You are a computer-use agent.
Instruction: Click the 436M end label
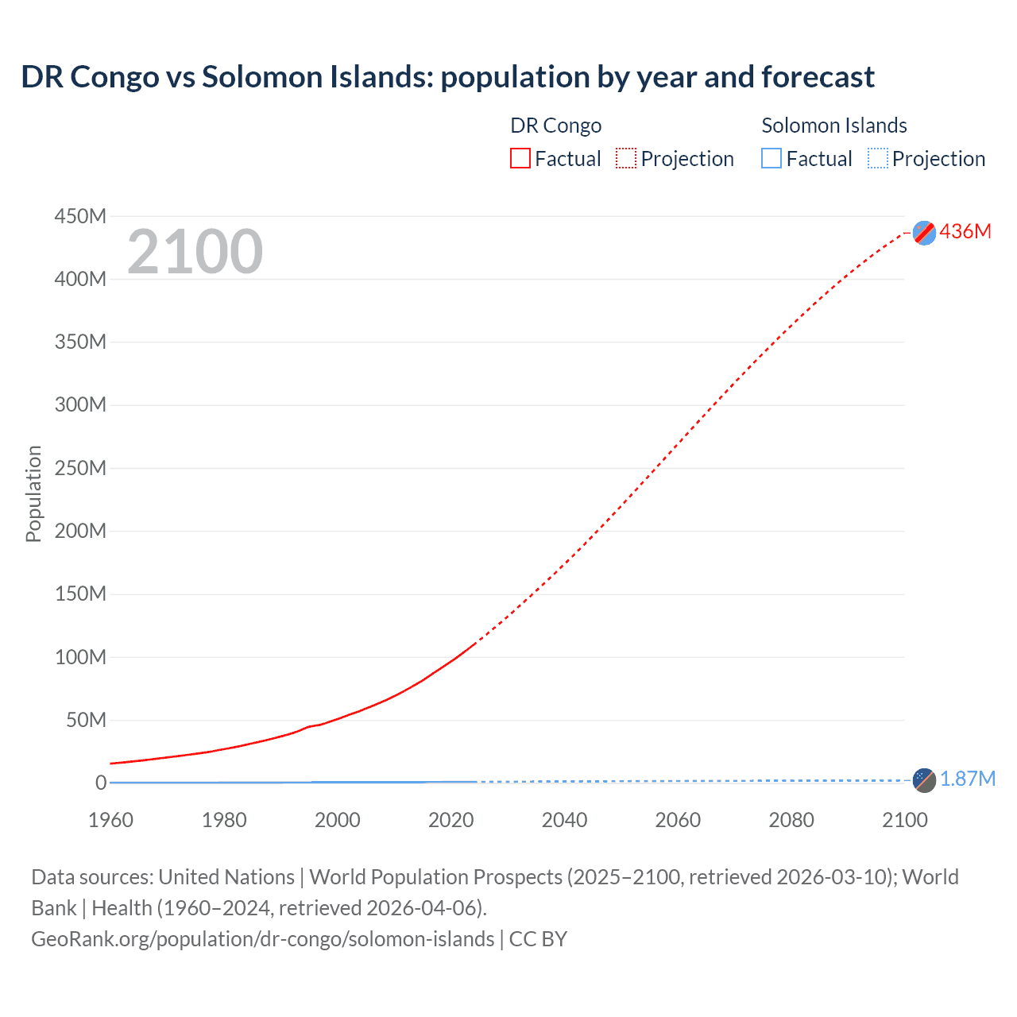(965, 231)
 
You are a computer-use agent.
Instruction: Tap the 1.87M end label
(967, 779)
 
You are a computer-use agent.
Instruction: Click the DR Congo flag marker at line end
(924, 233)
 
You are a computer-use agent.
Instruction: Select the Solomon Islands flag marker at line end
(924, 780)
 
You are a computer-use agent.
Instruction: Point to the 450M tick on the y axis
(80, 216)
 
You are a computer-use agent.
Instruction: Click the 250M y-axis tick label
(80, 468)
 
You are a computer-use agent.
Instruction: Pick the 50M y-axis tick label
(86, 720)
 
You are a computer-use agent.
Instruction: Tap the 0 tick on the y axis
(101, 783)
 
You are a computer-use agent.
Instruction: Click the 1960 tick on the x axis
(110, 820)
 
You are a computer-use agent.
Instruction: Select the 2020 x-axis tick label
(450, 820)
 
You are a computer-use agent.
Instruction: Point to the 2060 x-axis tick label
(678, 820)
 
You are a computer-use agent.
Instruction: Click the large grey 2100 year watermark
(195, 252)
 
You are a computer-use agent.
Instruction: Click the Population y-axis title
(33, 493)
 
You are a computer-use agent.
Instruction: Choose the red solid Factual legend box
(520, 158)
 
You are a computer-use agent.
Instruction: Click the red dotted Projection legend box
(626, 158)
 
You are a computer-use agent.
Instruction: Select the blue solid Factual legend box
(771, 158)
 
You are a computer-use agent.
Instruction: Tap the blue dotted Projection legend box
(877, 158)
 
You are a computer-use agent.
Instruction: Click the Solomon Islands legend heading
(834, 126)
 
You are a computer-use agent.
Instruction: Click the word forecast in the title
(818, 77)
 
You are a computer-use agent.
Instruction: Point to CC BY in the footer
(538, 938)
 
